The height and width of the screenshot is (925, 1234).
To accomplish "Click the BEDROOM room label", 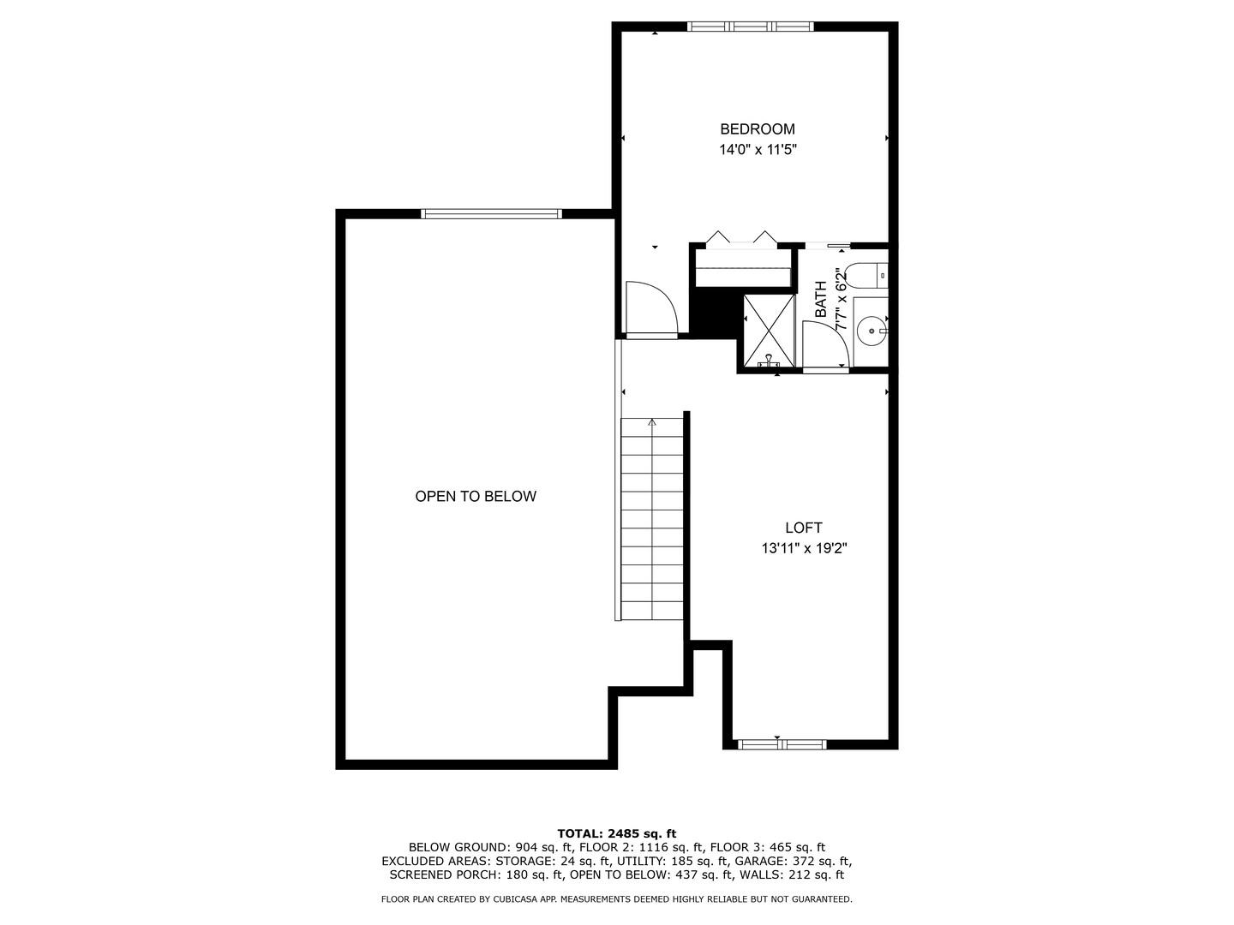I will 757,129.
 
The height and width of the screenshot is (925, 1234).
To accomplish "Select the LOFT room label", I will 803,528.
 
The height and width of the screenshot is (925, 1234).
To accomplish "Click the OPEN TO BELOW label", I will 476,497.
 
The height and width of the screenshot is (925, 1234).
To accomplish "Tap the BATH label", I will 821,300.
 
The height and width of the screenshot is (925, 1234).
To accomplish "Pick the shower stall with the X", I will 769,330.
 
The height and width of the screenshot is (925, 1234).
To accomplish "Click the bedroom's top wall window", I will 751,27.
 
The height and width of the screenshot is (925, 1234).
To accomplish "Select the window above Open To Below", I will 492,213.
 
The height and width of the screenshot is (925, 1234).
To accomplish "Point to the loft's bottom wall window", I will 782,744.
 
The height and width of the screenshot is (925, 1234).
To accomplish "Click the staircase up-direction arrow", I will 652,421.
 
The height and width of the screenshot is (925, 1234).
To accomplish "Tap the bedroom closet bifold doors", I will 741,240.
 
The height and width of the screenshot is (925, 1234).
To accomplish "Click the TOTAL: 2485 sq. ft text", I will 616,833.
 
